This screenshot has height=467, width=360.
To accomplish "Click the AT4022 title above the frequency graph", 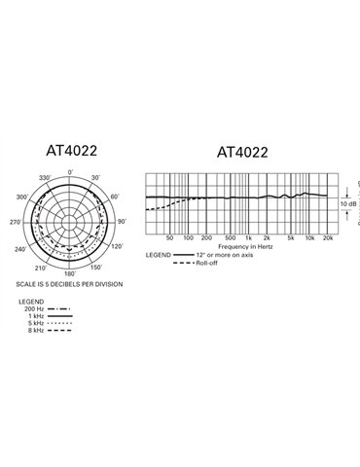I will point(240,152).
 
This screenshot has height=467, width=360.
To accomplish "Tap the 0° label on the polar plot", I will point(70,173).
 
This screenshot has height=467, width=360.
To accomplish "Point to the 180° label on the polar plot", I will point(69,273).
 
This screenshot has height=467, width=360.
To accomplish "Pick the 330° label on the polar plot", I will point(44,179).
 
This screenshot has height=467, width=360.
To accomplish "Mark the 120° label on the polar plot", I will point(116,248).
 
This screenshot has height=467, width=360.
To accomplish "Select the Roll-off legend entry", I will point(205,263).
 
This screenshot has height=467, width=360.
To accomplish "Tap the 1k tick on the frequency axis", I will point(249,238).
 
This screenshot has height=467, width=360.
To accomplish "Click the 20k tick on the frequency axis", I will point(329,238).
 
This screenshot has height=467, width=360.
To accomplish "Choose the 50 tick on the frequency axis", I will point(169,238).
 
